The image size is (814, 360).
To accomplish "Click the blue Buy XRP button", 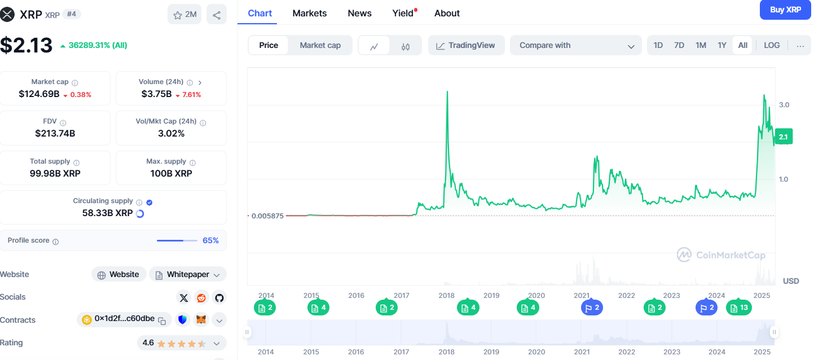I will click(x=785, y=10).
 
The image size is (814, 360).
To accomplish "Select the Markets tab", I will click(x=309, y=13).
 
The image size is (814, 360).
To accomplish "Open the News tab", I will click(x=359, y=13).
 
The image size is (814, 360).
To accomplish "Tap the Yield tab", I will click(x=403, y=13).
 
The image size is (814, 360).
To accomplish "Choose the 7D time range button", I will click(x=679, y=45).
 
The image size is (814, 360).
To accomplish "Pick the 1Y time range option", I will click(x=721, y=45).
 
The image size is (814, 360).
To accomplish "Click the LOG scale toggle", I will click(x=772, y=45).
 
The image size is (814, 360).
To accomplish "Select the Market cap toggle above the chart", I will click(x=320, y=45).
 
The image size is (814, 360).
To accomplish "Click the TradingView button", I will click(x=465, y=45).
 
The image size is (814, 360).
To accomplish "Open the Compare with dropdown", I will click(x=575, y=45).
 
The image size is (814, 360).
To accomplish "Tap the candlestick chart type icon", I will click(x=406, y=46).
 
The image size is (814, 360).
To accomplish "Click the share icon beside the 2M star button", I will click(x=217, y=15).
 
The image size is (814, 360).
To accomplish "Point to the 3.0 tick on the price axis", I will click(x=784, y=105).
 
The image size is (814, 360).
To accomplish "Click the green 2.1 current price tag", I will click(x=784, y=137).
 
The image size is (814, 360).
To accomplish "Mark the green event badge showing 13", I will click(x=738, y=308).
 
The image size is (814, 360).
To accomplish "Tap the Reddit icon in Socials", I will click(x=201, y=297).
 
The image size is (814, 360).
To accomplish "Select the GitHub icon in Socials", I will click(x=219, y=297).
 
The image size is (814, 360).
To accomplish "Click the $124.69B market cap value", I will click(x=39, y=94).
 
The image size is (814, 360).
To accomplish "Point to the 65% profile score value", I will click(x=210, y=240).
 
